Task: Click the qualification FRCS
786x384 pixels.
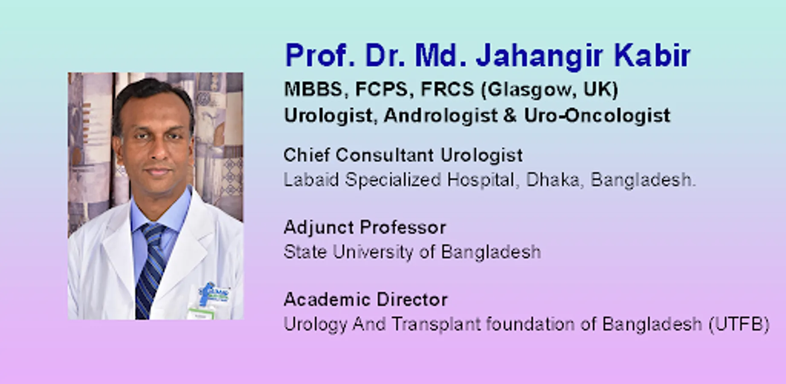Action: point(447,89)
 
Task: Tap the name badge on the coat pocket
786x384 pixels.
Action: point(200,314)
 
